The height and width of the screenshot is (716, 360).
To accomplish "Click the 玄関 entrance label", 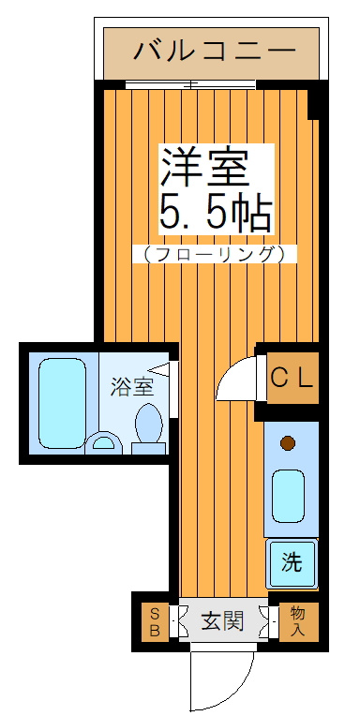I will (x=223, y=620).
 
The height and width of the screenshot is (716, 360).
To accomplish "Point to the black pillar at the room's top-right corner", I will (x=317, y=104).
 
